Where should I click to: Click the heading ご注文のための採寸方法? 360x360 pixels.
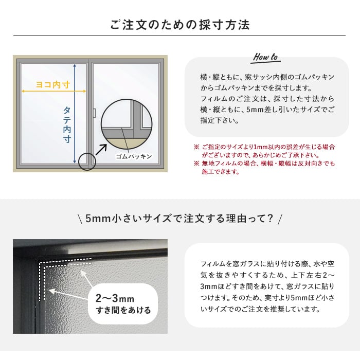(180, 25)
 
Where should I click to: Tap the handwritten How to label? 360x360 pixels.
(266, 57)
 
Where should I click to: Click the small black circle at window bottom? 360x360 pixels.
(87, 161)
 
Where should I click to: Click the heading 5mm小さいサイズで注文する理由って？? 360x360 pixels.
(180, 218)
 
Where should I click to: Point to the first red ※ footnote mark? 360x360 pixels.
(196, 147)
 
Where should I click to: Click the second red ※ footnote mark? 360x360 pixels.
(196, 164)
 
